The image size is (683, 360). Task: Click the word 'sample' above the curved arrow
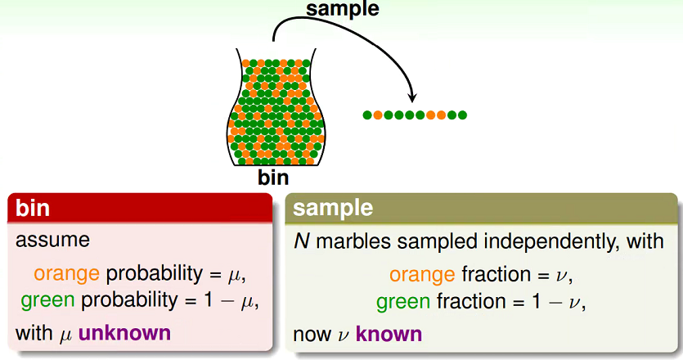point(343,9)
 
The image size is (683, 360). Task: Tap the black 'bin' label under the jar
point(273,177)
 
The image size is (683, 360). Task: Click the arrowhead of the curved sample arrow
point(411,97)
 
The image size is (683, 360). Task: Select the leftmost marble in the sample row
point(367,115)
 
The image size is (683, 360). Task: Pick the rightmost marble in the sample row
point(462,115)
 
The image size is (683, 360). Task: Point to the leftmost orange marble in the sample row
point(378,115)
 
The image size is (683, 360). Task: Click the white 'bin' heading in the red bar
point(33,208)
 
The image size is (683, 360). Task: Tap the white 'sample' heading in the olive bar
point(333,208)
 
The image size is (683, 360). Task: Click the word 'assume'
point(52,240)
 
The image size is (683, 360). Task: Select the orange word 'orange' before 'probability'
point(66,274)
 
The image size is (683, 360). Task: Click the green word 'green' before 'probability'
point(47,300)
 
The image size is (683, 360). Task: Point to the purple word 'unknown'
point(124,333)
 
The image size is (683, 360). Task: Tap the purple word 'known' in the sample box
point(389,335)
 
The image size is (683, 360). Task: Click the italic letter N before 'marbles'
point(302,241)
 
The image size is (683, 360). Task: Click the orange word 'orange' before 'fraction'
point(422,275)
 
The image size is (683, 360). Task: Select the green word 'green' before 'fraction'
point(403,302)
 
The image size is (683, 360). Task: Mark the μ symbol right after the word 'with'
point(65,335)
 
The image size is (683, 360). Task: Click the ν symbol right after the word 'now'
point(344,336)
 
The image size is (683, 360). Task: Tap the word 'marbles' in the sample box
point(353,241)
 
